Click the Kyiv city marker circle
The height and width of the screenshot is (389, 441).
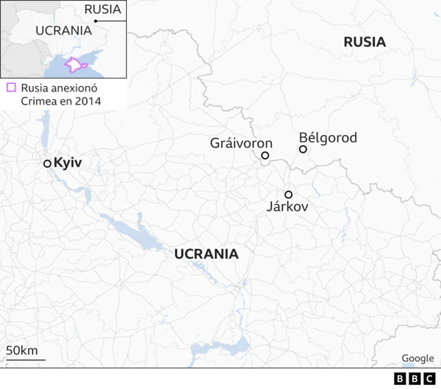(x=47, y=163)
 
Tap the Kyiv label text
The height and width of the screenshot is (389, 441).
(x=68, y=163)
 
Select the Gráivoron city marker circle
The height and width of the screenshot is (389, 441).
(x=265, y=156)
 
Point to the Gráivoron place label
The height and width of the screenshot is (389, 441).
(x=241, y=143)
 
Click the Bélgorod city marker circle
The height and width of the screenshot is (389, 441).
(x=302, y=149)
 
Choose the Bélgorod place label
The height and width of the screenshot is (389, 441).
(x=328, y=138)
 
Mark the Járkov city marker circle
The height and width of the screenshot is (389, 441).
(x=288, y=194)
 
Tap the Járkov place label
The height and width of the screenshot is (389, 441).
(x=287, y=207)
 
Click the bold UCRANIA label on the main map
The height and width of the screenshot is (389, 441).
(x=207, y=253)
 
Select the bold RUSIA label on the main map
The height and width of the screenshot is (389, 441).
(x=365, y=42)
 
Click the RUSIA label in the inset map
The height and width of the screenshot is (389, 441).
(x=102, y=9)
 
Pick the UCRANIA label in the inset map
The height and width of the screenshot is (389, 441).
(x=63, y=30)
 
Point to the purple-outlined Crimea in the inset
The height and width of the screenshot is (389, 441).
(x=73, y=65)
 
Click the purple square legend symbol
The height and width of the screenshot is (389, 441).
(x=10, y=87)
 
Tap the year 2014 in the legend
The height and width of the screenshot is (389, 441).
(x=88, y=101)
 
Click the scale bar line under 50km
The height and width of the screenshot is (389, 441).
(x=25, y=359)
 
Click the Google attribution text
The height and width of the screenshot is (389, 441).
(x=418, y=358)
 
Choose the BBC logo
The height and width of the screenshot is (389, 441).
(x=414, y=379)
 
